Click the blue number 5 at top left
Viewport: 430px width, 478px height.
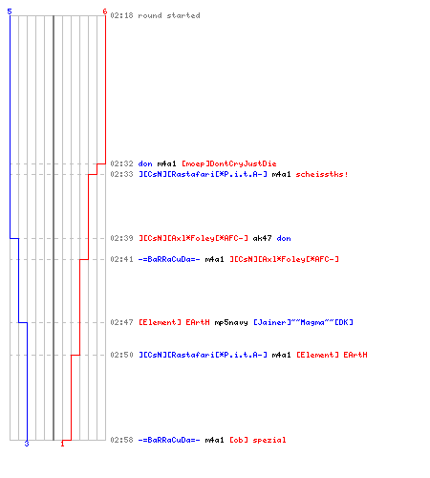coord(10,11)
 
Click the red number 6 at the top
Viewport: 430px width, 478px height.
coord(105,11)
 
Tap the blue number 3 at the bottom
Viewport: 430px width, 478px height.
coord(27,444)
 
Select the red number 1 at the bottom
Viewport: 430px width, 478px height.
coord(62,444)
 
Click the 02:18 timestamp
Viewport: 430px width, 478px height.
coord(121,15)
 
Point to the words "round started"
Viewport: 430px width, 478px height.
coord(169,15)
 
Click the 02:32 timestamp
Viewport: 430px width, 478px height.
coord(121,163)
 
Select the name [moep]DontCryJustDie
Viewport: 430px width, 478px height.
coord(229,163)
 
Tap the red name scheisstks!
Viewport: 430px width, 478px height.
coord(322,174)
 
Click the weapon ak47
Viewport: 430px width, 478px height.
coord(262,238)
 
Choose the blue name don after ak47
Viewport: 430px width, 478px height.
coord(284,238)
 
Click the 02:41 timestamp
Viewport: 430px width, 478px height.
coord(121,259)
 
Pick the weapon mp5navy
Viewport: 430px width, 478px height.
coord(231,322)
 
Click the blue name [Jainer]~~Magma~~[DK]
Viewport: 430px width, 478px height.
coord(303,322)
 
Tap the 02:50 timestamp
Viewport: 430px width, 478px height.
coord(121,355)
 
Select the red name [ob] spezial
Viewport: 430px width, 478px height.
coord(258,440)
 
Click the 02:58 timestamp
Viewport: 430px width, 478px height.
coord(121,440)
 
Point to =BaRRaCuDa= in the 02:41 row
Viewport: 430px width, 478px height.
coord(169,259)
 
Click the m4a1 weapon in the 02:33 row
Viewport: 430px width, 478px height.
coord(281,174)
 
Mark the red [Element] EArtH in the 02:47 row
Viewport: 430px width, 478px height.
coord(174,322)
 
